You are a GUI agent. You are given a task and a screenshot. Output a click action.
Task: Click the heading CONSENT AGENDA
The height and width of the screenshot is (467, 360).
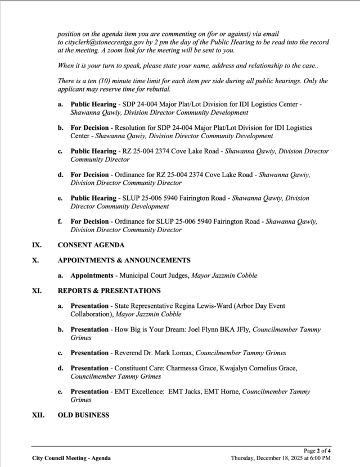tap(91, 245)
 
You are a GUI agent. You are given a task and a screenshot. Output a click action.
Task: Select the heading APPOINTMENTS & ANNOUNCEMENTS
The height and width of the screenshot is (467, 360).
tap(124, 260)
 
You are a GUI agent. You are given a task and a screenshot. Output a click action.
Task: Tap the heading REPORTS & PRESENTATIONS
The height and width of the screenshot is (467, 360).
tap(109, 291)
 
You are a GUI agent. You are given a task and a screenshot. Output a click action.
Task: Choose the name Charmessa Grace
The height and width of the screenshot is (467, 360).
tap(195, 368)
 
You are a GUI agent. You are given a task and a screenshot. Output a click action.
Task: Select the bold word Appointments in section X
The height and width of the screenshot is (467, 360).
tap(91, 275)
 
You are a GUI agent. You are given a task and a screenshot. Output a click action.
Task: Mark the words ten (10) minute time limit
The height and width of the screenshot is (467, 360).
tap(129, 81)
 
